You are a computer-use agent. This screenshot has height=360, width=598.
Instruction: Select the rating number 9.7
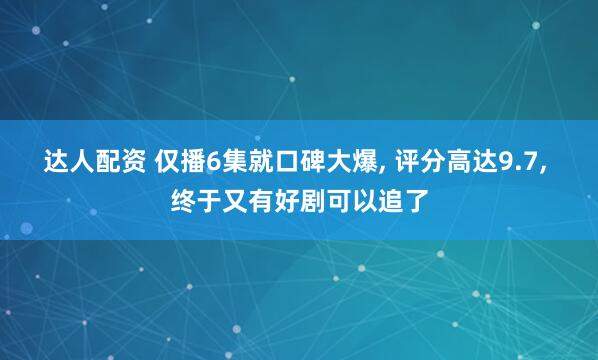[516, 162]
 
